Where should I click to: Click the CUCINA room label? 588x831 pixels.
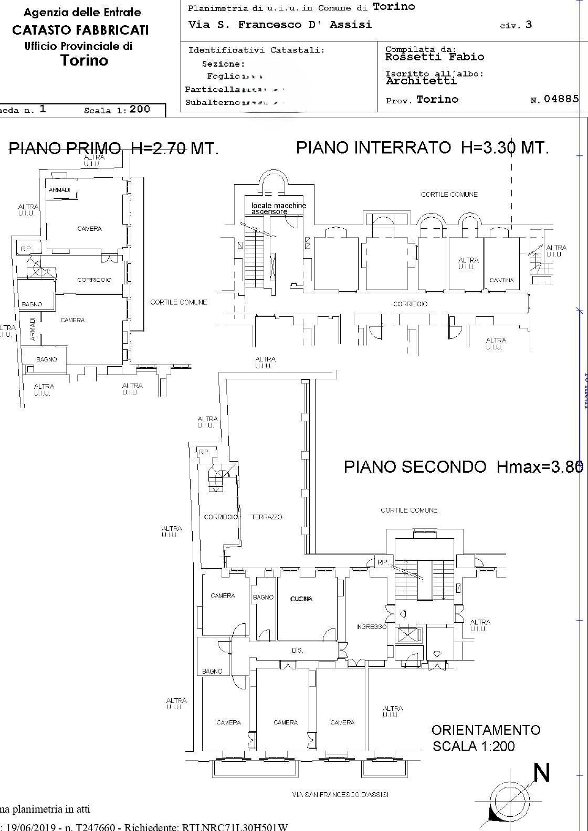(x=301, y=599)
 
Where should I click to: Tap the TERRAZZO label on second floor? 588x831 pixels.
(x=267, y=517)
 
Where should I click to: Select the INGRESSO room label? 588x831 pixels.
(x=371, y=626)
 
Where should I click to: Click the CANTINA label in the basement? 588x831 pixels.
(x=501, y=280)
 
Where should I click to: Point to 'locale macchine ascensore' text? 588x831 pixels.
(x=278, y=208)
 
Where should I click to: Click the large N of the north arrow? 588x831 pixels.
(x=541, y=773)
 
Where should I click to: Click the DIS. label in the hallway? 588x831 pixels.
(x=298, y=650)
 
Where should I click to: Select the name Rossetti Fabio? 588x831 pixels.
(x=435, y=57)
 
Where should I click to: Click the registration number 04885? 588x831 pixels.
(x=561, y=99)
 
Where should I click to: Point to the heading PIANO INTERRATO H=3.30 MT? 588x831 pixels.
(x=422, y=147)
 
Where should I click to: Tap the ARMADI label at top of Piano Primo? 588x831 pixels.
(x=60, y=190)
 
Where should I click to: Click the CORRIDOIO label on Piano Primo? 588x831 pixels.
(x=94, y=280)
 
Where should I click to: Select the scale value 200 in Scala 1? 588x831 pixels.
(x=140, y=109)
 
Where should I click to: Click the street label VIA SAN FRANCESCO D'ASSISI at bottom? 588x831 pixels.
(x=340, y=794)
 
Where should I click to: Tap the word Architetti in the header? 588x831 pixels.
(x=421, y=81)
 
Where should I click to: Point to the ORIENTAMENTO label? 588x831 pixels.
(x=486, y=730)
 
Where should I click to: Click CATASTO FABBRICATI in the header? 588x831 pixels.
(x=80, y=30)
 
